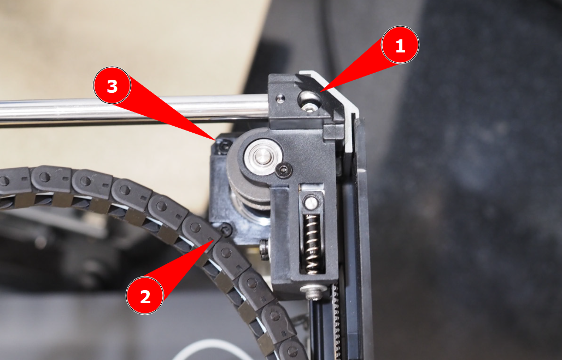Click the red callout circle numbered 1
400,45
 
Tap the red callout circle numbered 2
145,296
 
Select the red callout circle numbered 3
112,86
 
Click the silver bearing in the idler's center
263,157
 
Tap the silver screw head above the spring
311,203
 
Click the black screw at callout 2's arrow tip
226,230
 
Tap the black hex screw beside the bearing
284,170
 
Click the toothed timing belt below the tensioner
337,321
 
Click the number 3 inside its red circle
112,86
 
